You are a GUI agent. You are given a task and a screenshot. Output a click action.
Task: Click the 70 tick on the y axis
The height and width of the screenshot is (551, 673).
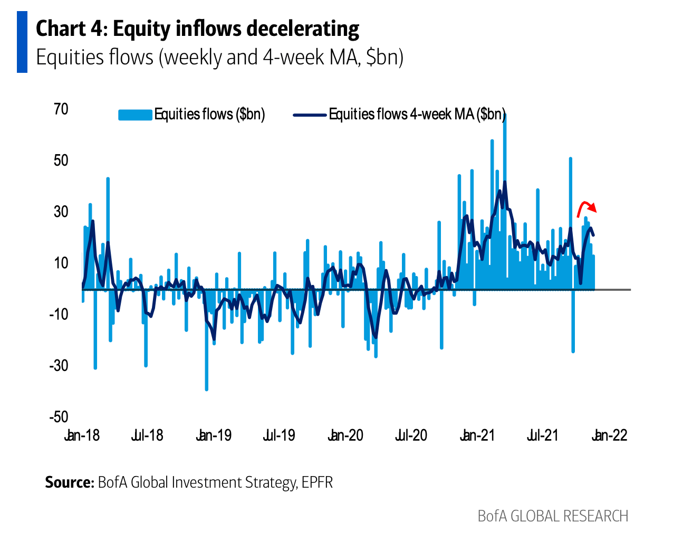tap(61, 109)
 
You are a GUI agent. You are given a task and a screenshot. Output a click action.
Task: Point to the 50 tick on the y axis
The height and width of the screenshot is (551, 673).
tap(61, 160)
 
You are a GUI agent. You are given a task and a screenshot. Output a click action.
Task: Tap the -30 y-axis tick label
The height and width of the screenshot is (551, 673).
tap(59, 365)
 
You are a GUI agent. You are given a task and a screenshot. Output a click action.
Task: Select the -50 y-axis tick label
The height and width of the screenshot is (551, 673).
tap(59, 417)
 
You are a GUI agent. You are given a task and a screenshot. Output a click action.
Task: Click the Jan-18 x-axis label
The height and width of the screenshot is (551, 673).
tap(82, 435)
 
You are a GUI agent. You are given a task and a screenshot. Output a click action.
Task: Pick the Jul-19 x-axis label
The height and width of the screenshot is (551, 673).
tap(279, 435)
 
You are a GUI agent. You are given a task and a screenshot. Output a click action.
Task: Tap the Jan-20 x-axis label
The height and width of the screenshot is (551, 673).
tap(345, 435)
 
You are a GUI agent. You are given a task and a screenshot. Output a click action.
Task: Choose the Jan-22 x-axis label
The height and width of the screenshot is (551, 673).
tap(610, 435)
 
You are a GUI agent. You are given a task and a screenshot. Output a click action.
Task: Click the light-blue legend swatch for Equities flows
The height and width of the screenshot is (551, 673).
tap(135, 115)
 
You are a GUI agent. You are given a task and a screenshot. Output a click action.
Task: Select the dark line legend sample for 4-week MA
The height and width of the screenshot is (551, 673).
tap(310, 115)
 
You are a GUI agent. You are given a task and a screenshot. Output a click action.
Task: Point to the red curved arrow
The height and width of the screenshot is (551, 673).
tap(587, 206)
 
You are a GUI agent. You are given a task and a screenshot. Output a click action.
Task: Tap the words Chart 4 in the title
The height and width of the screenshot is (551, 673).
tap(71, 29)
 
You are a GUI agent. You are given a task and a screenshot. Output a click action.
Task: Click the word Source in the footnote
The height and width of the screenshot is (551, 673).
tap(69, 482)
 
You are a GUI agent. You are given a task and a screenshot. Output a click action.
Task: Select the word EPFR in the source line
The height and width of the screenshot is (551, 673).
tap(317, 482)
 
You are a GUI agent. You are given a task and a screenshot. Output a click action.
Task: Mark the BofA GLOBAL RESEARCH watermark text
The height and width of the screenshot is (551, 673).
tap(553, 516)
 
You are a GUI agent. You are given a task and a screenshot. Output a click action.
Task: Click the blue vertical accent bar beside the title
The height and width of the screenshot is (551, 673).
tap(22, 42)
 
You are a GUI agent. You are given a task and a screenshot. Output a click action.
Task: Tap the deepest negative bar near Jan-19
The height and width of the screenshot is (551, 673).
tap(206, 369)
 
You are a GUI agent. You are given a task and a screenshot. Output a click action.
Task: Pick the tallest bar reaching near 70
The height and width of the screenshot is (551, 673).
tap(505, 158)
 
